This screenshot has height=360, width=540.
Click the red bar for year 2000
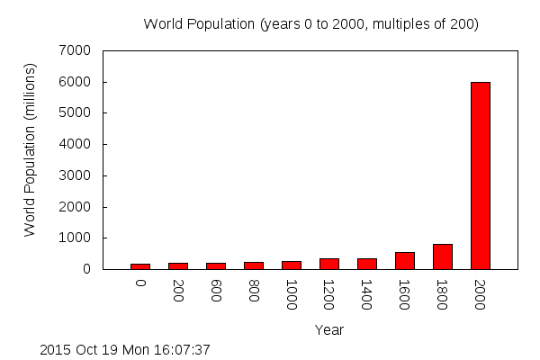click(x=481, y=175)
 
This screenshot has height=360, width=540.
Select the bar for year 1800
click(x=443, y=256)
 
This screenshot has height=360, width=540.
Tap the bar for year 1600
click(x=405, y=260)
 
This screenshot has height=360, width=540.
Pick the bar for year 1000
click(x=292, y=265)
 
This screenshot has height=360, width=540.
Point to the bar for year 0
click(x=140, y=265)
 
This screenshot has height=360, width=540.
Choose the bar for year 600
click(x=216, y=265)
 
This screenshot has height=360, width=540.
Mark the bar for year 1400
click(x=367, y=264)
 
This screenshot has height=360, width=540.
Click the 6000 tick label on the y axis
click(x=76, y=82)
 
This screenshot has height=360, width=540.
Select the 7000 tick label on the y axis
click(x=76, y=50)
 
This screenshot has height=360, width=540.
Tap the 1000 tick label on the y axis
click(x=76, y=238)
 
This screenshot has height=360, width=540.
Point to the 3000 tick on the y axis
click(x=76, y=175)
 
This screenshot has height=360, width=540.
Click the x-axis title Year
click(x=329, y=330)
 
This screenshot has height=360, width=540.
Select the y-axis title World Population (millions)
click(x=30, y=150)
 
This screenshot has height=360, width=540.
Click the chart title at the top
click(x=310, y=24)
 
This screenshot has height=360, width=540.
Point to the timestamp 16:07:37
click(x=183, y=349)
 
